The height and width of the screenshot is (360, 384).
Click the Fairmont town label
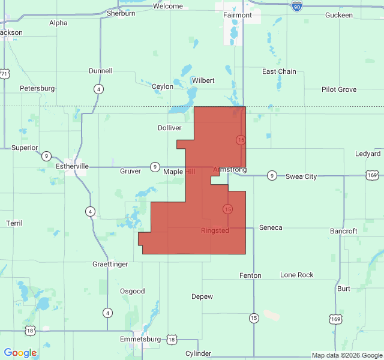[238, 14]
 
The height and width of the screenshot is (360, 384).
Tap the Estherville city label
[72, 166]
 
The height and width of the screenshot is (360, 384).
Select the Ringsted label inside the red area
[215, 230]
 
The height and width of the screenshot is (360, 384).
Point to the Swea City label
[301, 176]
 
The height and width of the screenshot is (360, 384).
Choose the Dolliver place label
[169, 128]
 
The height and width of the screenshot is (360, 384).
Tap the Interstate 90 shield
[297, 5]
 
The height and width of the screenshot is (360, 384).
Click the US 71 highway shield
[5, 74]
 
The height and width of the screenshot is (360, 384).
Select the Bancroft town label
[343, 231]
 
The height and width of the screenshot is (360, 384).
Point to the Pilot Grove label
[338, 89]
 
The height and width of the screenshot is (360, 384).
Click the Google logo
[20, 353]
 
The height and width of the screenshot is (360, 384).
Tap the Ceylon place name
[163, 86]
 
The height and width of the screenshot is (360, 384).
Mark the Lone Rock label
[297, 275]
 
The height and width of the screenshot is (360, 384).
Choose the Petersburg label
[37, 88]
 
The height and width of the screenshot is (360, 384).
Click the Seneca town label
[270, 227]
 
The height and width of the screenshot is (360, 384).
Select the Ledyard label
[368, 154]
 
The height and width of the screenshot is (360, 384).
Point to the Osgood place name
[133, 291]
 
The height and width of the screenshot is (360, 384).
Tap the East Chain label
[279, 71]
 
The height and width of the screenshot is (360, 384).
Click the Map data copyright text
[346, 355]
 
